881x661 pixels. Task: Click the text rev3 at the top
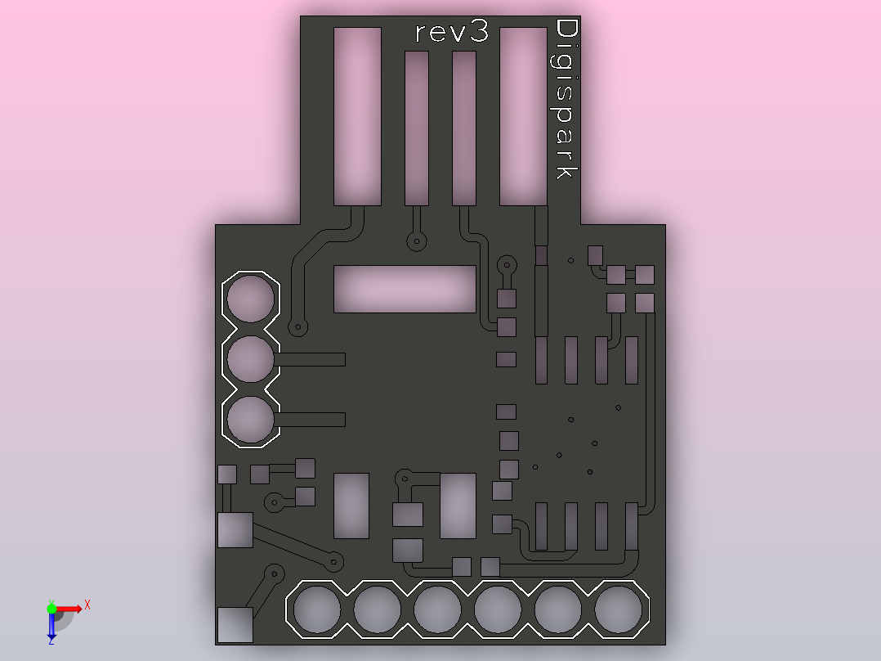click(x=452, y=32)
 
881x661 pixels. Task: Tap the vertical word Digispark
click(x=566, y=99)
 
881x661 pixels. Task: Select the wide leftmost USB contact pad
click(x=357, y=116)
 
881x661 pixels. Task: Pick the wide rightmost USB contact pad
click(x=523, y=116)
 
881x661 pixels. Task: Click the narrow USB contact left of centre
click(x=416, y=128)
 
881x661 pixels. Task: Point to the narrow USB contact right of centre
click(x=464, y=128)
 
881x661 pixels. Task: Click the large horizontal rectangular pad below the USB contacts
click(x=405, y=289)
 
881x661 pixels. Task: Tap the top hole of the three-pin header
click(x=251, y=298)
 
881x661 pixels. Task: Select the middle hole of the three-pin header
click(x=251, y=359)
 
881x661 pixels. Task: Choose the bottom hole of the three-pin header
click(x=251, y=419)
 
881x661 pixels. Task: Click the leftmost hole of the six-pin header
click(x=317, y=609)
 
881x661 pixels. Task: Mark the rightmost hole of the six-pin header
click(x=618, y=609)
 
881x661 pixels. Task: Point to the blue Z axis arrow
click(x=51, y=625)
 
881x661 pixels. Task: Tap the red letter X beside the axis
click(x=87, y=605)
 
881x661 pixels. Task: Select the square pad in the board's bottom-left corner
click(x=235, y=624)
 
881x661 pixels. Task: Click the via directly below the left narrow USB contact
click(x=416, y=242)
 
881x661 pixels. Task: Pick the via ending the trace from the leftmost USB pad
click(x=297, y=327)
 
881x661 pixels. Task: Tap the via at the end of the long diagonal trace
click(x=334, y=561)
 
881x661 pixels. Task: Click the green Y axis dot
click(x=51, y=609)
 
